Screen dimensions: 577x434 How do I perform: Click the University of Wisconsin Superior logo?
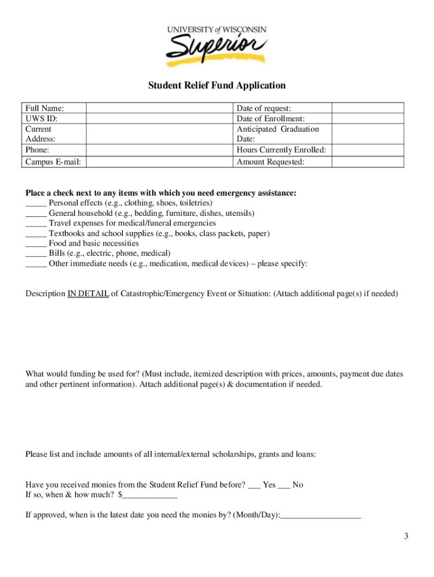pos(216,45)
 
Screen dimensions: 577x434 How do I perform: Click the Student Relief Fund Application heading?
pos(217,86)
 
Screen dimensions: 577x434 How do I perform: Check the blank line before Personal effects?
pos(36,204)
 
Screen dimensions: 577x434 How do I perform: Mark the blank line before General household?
pos(36,214)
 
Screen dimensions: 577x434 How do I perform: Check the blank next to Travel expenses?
pos(36,224)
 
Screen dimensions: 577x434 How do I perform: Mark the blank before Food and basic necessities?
pos(36,245)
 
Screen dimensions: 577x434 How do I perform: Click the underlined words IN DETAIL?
pos(88,294)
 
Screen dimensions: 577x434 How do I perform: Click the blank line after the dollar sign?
pos(150,496)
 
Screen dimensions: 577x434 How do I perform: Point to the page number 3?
pos(405,536)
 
